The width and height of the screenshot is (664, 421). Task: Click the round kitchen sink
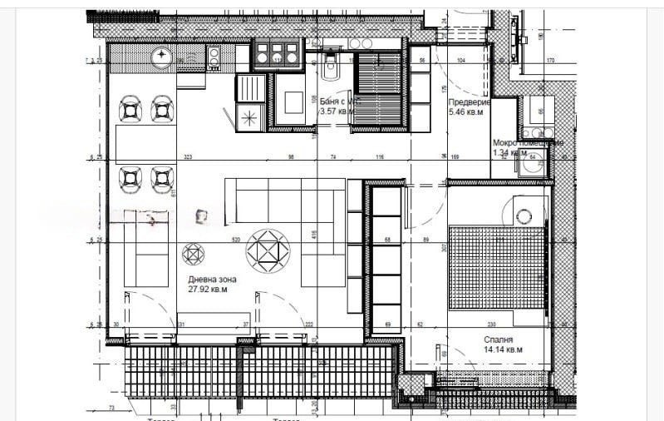[161, 56]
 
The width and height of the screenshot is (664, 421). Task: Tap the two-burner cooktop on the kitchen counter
[213, 56]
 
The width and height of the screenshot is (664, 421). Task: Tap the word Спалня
[499, 339]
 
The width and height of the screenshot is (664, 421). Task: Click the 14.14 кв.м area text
[504, 349]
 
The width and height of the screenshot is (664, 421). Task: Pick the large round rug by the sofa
[268, 248]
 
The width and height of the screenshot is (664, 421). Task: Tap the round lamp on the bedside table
[523, 215]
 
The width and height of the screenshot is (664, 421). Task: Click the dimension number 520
[236, 240]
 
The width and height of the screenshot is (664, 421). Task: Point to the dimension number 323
[188, 156]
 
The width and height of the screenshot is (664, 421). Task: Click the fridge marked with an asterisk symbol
[248, 118]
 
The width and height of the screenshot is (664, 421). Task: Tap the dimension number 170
[549, 62]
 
